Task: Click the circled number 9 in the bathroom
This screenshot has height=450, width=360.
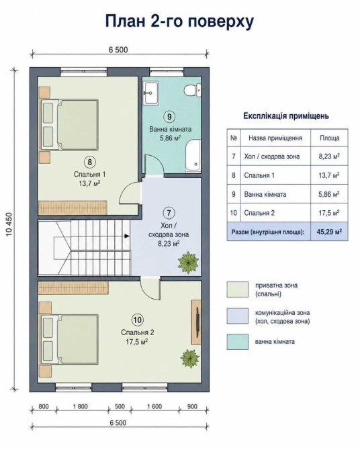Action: (169, 116)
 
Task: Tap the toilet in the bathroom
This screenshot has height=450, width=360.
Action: (192, 90)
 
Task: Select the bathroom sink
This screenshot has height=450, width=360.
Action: (151, 93)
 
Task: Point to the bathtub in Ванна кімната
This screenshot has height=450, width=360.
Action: (193, 155)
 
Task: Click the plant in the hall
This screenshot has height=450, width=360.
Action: (188, 262)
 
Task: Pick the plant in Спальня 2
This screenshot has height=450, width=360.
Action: (189, 359)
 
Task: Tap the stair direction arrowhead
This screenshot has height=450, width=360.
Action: (126, 236)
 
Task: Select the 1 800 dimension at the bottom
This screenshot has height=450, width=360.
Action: (81, 406)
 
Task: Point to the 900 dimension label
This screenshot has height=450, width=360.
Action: (192, 406)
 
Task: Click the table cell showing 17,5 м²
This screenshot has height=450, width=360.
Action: (329, 213)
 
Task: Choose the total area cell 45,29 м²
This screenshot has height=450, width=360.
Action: (329, 232)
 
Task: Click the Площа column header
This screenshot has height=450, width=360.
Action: (330, 138)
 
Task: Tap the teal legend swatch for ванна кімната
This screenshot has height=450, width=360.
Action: (237, 341)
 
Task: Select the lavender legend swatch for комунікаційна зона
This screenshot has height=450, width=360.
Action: (237, 316)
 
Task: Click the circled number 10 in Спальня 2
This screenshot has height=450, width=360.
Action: (138, 320)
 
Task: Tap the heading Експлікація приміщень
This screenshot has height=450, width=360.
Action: (286, 116)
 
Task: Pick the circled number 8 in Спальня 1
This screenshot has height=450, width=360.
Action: (89, 162)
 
